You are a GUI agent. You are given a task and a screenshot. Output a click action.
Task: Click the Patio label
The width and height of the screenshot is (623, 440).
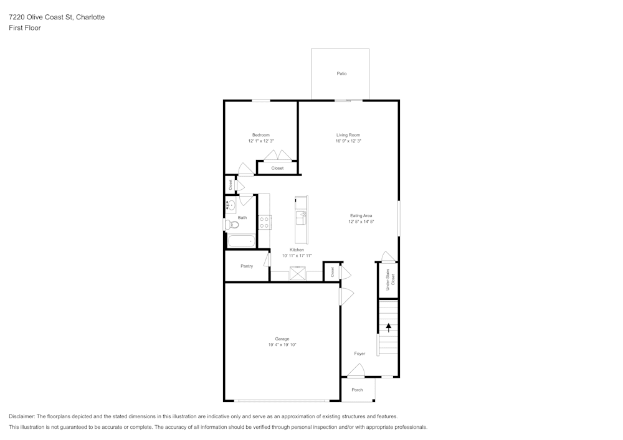341,73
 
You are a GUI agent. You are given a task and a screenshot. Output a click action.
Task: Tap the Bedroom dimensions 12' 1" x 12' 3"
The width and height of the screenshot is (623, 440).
261,141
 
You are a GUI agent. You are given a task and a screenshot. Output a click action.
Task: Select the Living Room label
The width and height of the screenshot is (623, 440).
348,135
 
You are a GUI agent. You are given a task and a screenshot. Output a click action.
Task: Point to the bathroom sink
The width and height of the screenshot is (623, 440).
230,204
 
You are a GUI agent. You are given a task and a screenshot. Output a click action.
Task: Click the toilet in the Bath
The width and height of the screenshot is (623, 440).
229,225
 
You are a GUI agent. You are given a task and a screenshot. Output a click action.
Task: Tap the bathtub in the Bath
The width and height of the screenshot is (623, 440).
240,241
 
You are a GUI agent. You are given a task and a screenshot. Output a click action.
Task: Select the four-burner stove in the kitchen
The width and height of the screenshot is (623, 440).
265,222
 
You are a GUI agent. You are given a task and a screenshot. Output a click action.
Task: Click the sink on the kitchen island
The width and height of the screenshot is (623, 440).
302,217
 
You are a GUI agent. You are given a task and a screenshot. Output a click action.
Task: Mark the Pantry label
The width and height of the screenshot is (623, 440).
247,266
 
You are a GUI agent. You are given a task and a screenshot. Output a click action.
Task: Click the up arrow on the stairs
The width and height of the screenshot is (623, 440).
389,326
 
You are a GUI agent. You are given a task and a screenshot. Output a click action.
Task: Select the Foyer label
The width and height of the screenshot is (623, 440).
359,353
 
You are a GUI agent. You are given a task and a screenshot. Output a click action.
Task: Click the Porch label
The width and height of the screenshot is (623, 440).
357,390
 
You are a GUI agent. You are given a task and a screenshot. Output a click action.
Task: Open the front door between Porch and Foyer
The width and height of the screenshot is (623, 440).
356,372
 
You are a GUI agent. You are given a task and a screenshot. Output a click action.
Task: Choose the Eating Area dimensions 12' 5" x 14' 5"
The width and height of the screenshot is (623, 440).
361,222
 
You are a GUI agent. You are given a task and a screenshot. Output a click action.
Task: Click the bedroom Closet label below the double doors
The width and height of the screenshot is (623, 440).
277,168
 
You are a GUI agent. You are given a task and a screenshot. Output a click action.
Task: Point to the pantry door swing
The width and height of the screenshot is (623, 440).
267,260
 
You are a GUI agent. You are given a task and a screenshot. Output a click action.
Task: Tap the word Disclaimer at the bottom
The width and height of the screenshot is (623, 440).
23,416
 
